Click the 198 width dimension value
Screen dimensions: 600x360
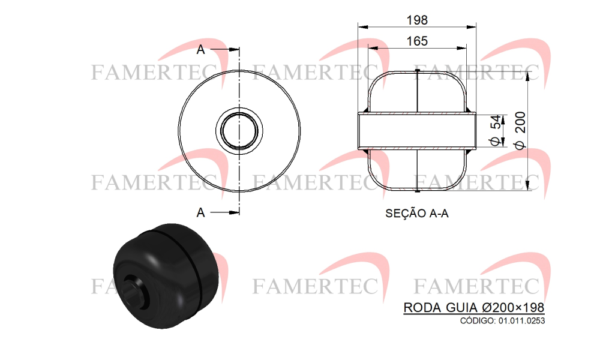coord(417,20)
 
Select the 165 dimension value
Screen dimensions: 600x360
coord(417,41)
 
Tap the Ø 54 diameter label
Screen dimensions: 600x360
coord(495,130)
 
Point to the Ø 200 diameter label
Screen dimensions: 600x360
coord(520,130)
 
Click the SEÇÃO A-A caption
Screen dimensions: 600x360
coord(417,213)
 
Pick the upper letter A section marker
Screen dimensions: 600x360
coord(200,49)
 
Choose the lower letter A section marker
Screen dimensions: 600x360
coord(200,212)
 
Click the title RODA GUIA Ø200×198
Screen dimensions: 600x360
coord(474,307)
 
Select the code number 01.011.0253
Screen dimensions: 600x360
coord(521,320)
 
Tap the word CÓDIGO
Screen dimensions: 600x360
coord(478,320)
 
